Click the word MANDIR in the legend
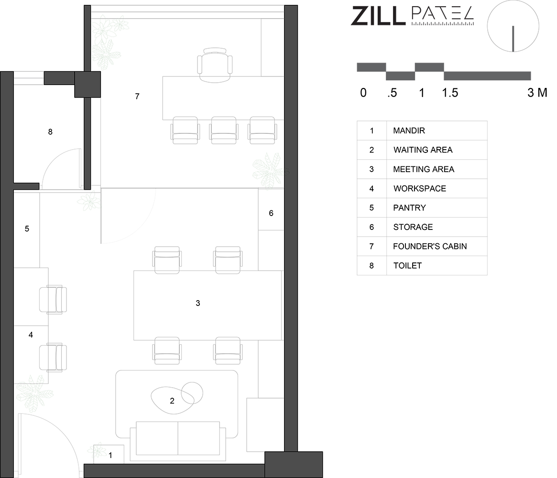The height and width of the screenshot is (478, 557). (409, 130)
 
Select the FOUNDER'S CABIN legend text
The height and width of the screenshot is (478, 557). (430, 247)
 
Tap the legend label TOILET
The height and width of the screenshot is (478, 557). (407, 266)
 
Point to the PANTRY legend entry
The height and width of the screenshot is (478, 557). (409, 208)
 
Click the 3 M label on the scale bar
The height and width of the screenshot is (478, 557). (537, 93)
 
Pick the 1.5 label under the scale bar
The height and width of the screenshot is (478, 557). (450, 93)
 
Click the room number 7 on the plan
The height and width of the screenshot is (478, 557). (137, 96)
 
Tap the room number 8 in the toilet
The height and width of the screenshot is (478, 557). (50, 132)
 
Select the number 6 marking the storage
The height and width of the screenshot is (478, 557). (271, 213)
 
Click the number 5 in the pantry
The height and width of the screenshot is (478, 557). (27, 228)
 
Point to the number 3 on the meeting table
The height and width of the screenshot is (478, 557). (198, 303)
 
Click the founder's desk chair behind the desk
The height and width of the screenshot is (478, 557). (215, 65)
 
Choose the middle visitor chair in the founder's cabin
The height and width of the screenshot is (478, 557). (223, 130)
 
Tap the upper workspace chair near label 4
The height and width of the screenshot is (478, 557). (53, 299)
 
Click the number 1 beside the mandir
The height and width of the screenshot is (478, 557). (110, 455)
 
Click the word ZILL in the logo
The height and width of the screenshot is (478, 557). (378, 16)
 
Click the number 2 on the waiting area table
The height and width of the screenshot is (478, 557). (172, 401)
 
